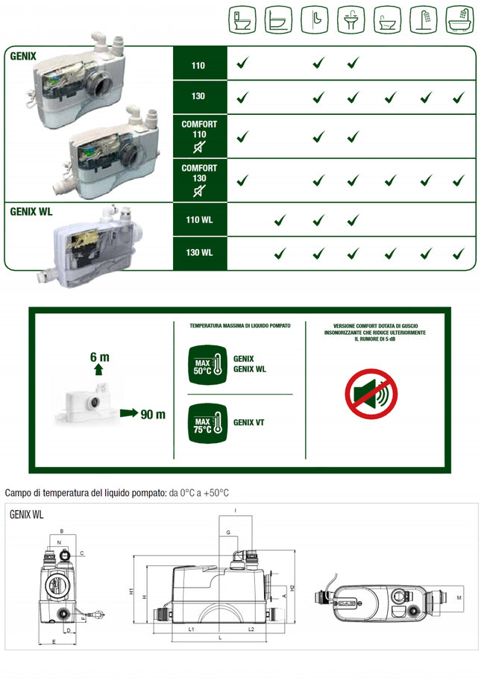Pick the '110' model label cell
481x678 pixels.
[198, 65]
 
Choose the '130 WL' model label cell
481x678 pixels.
[198, 253]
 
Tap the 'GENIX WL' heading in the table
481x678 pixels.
[31, 211]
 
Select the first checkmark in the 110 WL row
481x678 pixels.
[280, 220]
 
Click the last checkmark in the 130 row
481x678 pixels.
[459, 97]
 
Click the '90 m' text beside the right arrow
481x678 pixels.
[152, 415]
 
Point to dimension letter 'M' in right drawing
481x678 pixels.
[459, 598]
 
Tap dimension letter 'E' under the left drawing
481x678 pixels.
[54, 641]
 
